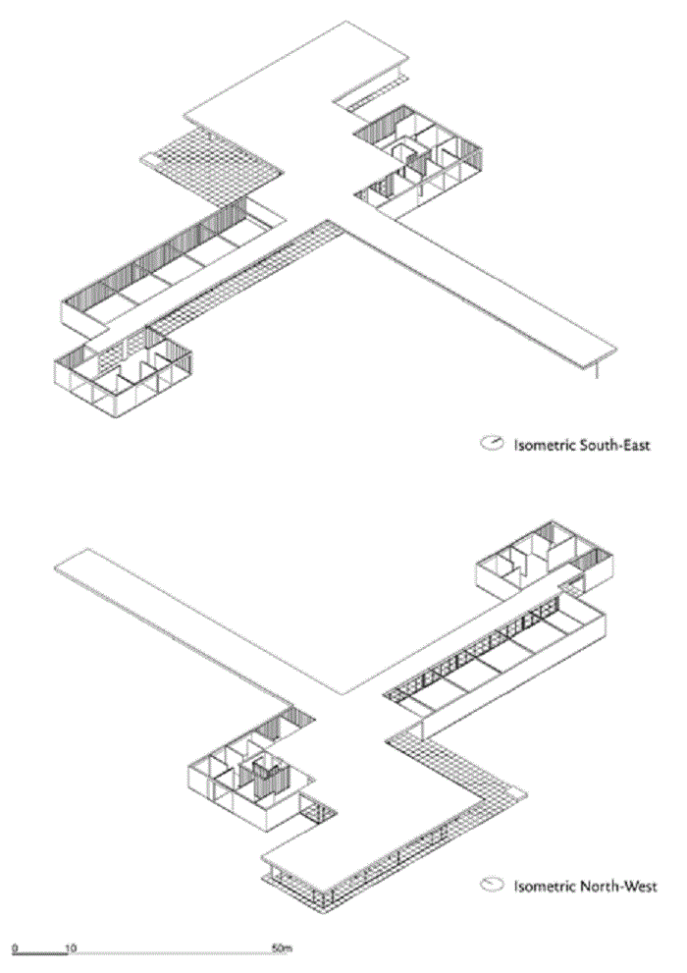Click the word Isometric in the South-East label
[543, 445]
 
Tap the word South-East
[613, 445]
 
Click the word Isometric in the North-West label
[543, 886]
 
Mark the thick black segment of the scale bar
[39, 952]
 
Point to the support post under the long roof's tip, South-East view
[597, 368]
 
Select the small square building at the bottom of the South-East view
[123, 372]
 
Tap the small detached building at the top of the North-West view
[546, 560]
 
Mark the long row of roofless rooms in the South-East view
[173, 267]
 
